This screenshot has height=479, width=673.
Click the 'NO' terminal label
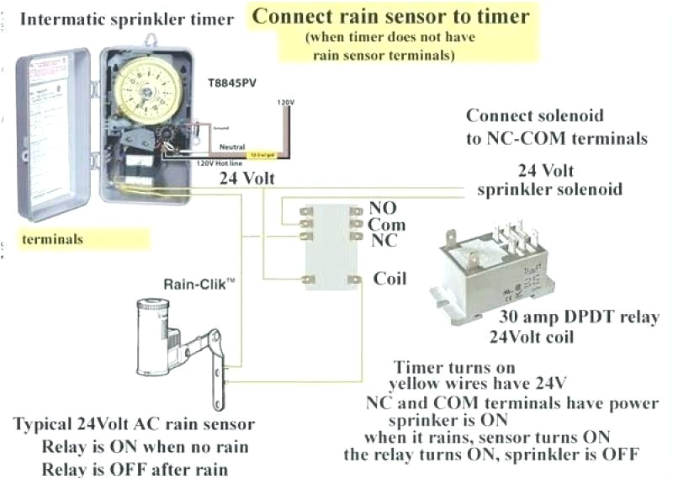coord(383,208)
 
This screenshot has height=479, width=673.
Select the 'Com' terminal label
coord(386,225)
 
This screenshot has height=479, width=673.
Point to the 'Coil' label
coord(391,279)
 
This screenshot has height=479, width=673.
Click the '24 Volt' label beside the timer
coord(247,178)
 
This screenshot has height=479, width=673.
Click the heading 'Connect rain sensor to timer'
coord(391,16)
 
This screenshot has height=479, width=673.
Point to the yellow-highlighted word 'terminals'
coord(52,239)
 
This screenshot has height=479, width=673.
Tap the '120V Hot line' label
coord(216,163)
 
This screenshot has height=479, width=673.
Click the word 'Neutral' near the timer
coord(220,146)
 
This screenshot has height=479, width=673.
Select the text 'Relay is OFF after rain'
coord(135,469)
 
